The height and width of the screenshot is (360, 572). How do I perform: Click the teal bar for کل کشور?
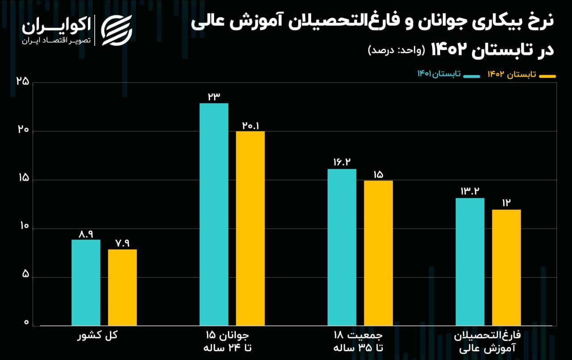(86, 283)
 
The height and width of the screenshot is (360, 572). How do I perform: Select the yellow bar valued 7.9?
(122, 288)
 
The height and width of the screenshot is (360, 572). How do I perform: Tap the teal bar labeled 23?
(214, 214)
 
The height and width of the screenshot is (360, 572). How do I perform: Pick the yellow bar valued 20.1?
(250, 229)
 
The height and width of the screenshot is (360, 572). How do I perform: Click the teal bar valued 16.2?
(341, 247)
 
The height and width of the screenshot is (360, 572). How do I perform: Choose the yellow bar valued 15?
(378, 253)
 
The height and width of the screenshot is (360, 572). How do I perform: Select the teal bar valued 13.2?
(470, 262)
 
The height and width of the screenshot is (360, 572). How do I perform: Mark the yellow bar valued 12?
(506, 267)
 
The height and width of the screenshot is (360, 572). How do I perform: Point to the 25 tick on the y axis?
(22, 82)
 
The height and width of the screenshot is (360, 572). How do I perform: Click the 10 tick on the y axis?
(22, 228)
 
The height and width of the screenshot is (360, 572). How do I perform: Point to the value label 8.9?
(86, 233)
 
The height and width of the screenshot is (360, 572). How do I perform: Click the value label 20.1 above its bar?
(250, 125)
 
